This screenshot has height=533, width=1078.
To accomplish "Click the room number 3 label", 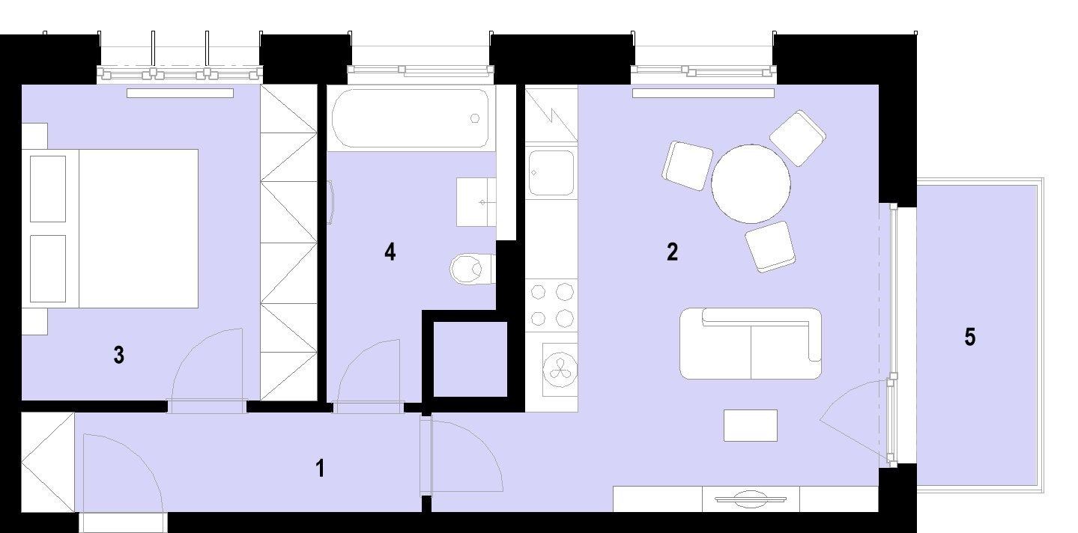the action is tap(119, 355).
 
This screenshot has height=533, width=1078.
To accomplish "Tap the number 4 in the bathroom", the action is tap(390, 252).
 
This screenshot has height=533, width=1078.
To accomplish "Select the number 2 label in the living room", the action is tap(672, 252).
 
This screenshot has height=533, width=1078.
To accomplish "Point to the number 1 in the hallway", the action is tap(320, 468).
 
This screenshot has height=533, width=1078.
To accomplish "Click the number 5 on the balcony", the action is tap(970, 337).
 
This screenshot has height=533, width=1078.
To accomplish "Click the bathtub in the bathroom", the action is tap(410, 118).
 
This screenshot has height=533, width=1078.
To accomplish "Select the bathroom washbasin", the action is tap(476, 202).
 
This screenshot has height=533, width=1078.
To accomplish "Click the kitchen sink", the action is tap(551, 173).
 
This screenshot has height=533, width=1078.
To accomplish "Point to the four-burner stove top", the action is tap(551, 305).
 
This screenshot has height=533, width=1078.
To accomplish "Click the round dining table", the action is tap(751, 183).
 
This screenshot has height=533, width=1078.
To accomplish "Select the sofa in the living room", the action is tap(751, 344).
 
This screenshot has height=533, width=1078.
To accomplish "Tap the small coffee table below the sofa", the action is tap(751, 425).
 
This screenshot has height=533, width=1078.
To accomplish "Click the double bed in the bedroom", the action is tap(110, 228).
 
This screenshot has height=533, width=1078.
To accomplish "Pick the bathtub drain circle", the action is tap(475, 118).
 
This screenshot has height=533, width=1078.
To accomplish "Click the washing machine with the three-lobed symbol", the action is tap(560, 370).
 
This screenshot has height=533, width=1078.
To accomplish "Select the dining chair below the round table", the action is tap(770, 247).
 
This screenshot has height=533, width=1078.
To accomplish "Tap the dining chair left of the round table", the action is tap(687, 165).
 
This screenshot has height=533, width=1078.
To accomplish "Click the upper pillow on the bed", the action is tap(48, 189).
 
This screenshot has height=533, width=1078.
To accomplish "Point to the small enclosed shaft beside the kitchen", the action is tap(470, 359).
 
